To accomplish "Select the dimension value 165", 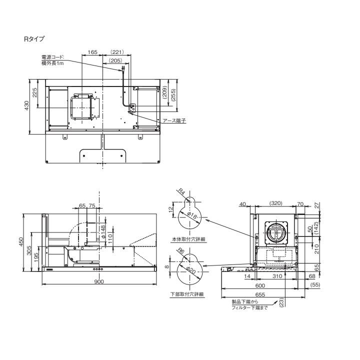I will [92, 52].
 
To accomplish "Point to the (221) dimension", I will [116, 52].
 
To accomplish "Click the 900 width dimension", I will [99, 281].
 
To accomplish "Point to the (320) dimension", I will [276, 204].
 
